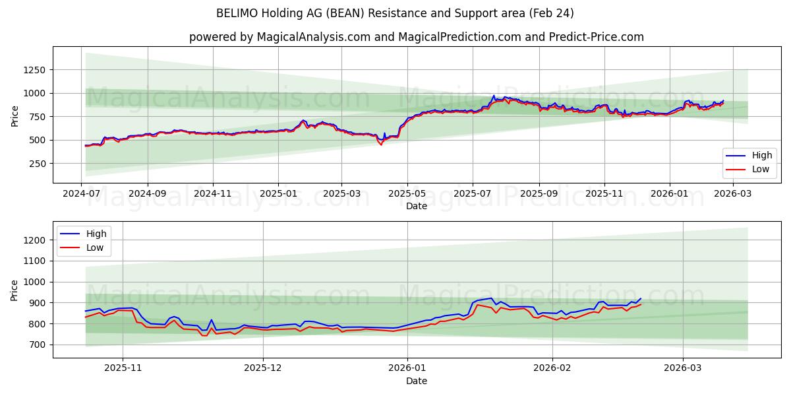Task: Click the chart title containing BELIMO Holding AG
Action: coord(395,13)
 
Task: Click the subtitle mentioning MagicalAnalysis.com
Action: coord(416,37)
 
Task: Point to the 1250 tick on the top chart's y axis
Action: coord(34,70)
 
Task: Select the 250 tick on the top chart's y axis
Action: coord(36,164)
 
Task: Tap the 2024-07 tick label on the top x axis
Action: coord(82,193)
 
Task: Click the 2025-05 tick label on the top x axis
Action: coord(407,193)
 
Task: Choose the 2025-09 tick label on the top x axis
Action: coord(539,193)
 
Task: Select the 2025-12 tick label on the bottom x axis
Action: coord(263,368)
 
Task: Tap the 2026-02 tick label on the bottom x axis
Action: coord(552,368)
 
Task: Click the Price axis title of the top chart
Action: coord(15,116)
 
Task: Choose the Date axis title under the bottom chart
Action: coord(416,381)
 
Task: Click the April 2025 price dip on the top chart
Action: coord(380,144)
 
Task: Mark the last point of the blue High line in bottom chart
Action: coord(641,298)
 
